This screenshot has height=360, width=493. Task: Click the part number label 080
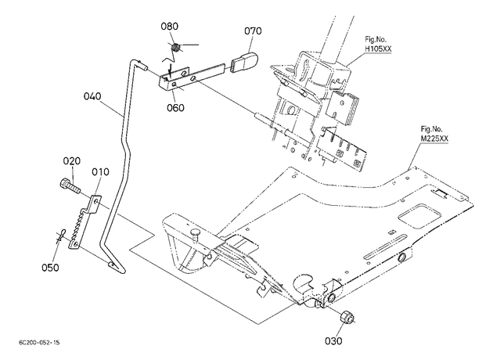(170, 26)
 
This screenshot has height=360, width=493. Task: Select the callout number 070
(253, 31)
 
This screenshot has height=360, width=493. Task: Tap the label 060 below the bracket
(175, 107)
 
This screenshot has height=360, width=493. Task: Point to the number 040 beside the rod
(92, 96)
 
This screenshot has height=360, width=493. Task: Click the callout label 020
(72, 161)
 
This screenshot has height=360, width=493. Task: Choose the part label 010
(101, 171)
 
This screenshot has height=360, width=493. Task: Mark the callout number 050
(50, 268)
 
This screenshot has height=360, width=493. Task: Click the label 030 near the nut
(333, 340)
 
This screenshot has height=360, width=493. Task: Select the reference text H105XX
(378, 49)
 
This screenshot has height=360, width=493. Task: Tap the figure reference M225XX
(434, 139)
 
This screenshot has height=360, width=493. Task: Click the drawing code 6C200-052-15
(39, 343)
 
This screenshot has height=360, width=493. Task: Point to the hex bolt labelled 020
(69, 186)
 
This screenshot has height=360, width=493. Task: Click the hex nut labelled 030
(347, 316)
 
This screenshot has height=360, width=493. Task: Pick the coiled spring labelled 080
(175, 48)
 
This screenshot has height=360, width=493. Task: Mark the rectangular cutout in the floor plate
(419, 217)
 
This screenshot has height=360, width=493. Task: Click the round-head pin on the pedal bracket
(196, 235)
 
